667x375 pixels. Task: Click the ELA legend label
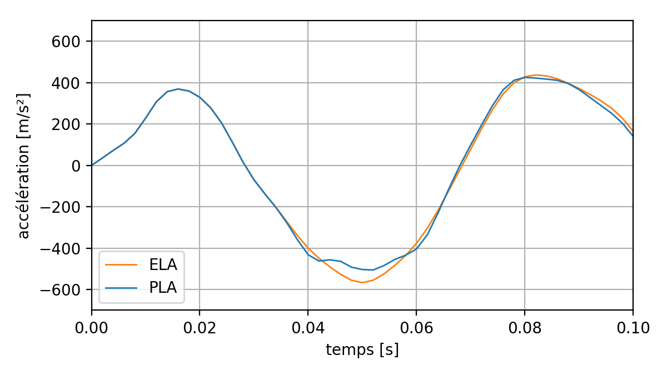pyautogui.click(x=167, y=264)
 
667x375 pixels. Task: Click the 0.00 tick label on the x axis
pyautogui.click(x=92, y=328)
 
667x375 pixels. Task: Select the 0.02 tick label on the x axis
pyautogui.click(x=200, y=328)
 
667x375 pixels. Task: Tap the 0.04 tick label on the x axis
pyautogui.click(x=308, y=328)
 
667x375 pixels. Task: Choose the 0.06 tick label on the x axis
pyautogui.click(x=416, y=328)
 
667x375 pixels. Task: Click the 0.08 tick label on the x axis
pyautogui.click(x=524, y=328)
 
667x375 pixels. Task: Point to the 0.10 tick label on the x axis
pyautogui.click(x=633, y=328)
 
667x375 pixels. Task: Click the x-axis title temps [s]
pyautogui.click(x=362, y=350)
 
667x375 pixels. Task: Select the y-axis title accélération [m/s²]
pyautogui.click(x=23, y=166)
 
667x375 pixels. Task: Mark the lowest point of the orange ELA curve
pyautogui.click(x=362, y=282)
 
